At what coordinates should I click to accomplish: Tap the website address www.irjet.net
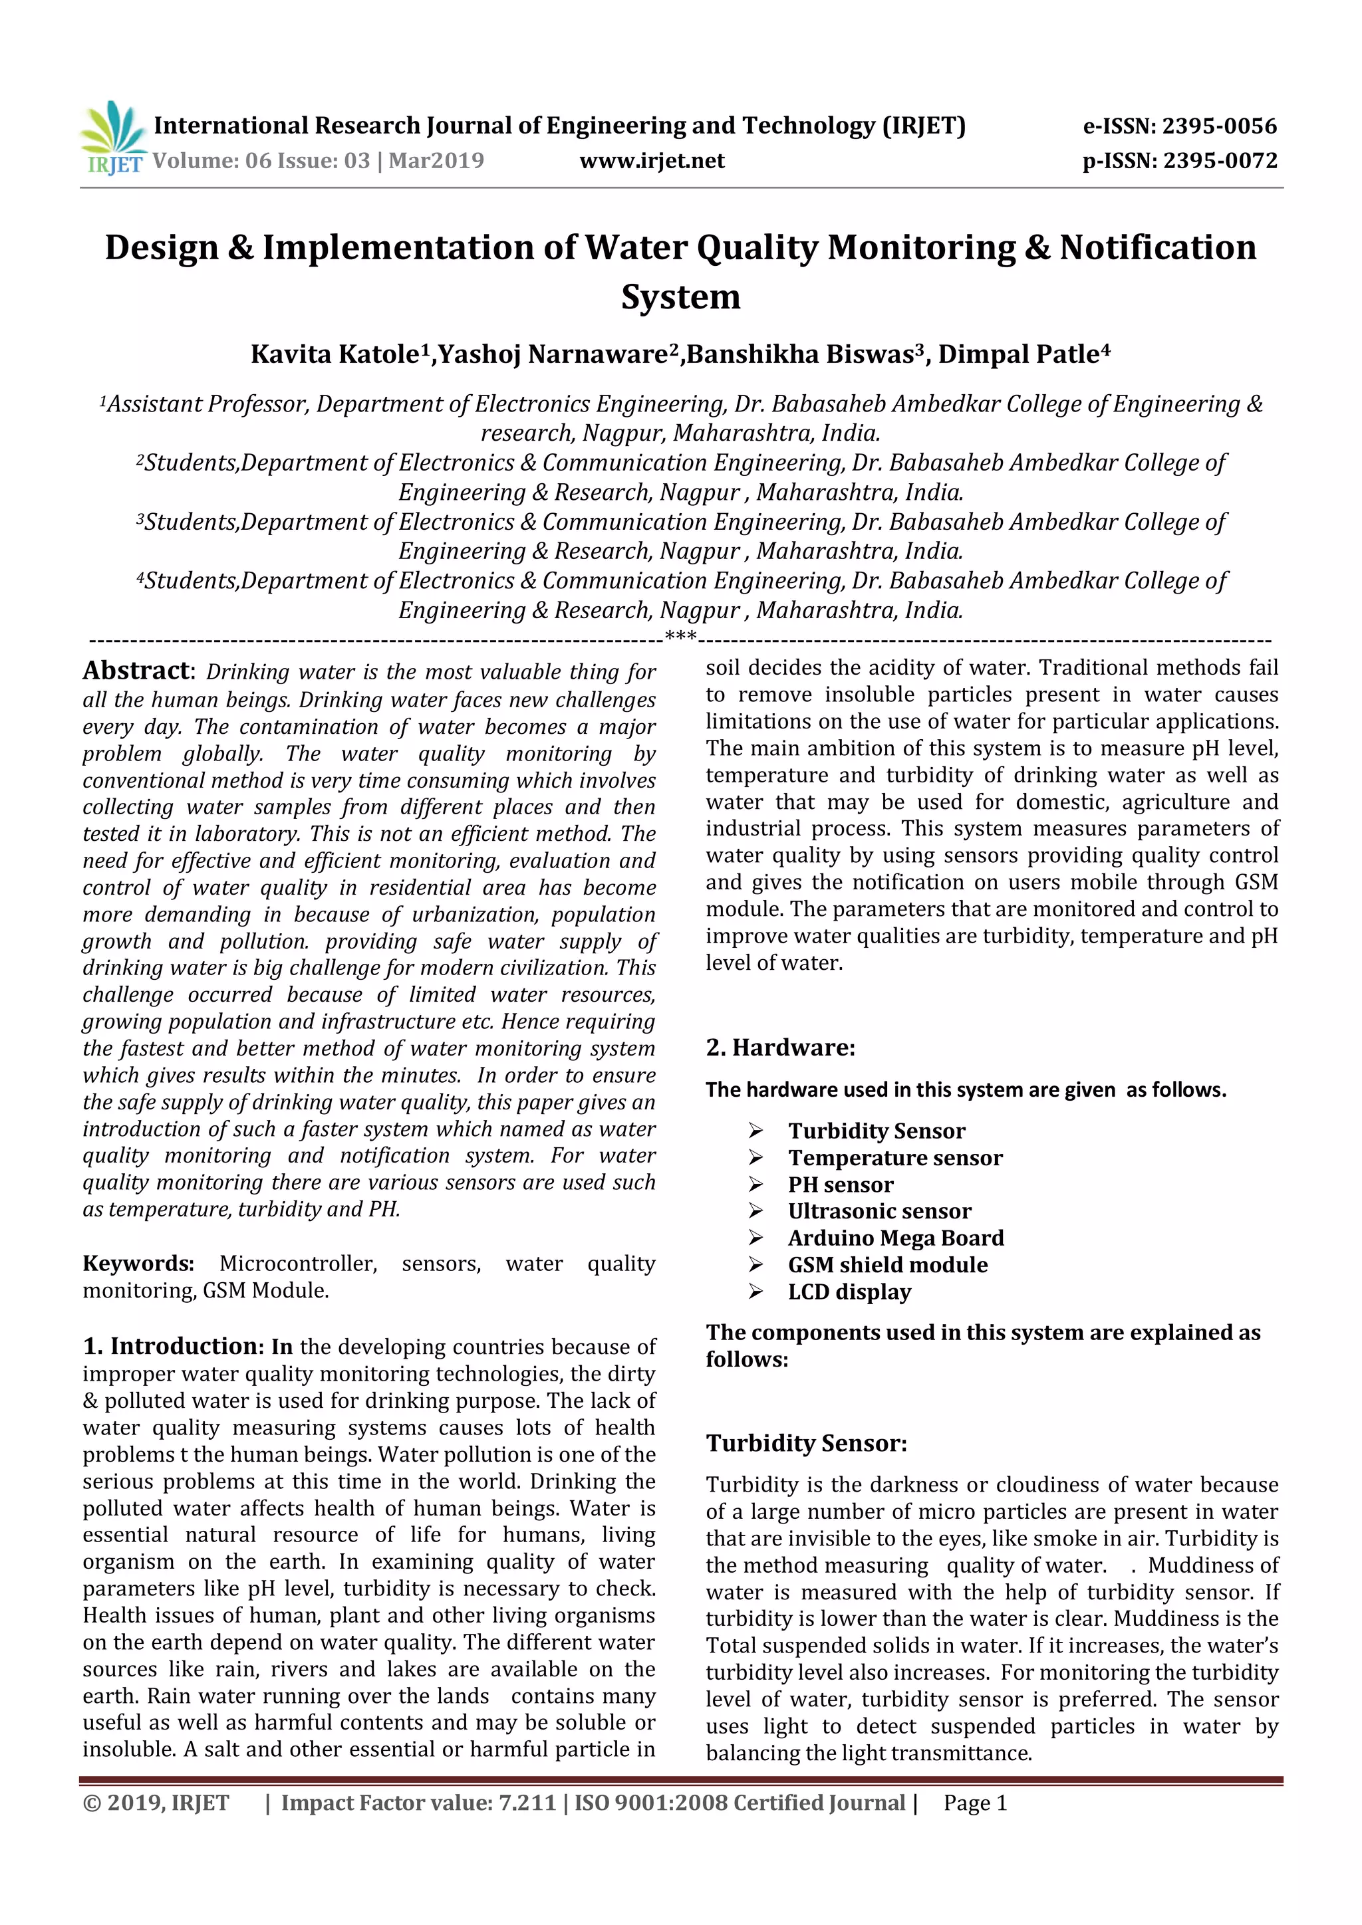pyautogui.click(x=652, y=161)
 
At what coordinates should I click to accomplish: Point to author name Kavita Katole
pyautogui.click(x=335, y=355)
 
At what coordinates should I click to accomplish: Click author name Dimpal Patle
pyautogui.click(x=1018, y=355)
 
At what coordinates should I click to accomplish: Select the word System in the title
pyautogui.click(x=680, y=297)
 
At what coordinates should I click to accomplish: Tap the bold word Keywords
pyautogui.click(x=138, y=1264)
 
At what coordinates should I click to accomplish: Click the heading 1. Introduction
pyautogui.click(x=174, y=1347)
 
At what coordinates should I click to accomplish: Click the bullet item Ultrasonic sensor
pyautogui.click(x=879, y=1212)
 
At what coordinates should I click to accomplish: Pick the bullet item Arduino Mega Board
pyautogui.click(x=895, y=1238)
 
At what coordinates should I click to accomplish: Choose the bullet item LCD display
pyautogui.click(x=849, y=1292)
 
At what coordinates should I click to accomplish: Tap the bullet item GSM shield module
pyautogui.click(x=887, y=1265)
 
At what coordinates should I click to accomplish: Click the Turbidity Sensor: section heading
pyautogui.click(x=806, y=1444)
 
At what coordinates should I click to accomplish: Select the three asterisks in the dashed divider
pyautogui.click(x=680, y=636)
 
